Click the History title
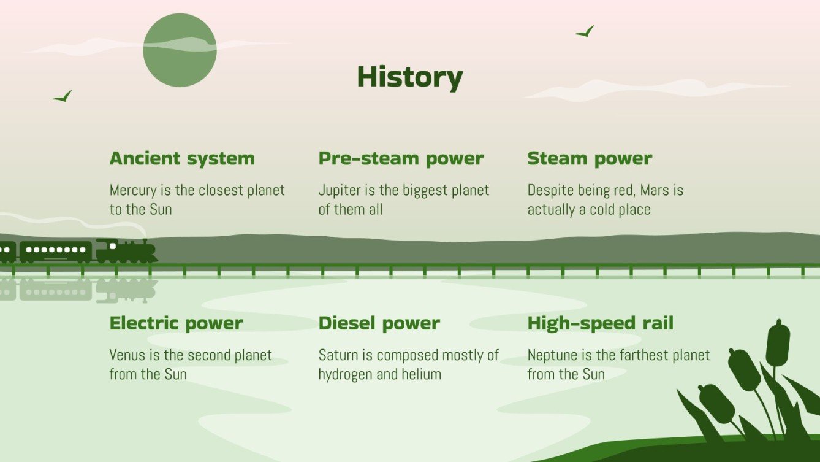pyautogui.click(x=409, y=77)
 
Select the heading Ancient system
pyautogui.click(x=182, y=158)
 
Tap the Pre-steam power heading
pyautogui.click(x=401, y=158)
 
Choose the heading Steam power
pyautogui.click(x=590, y=158)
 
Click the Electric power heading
pyautogui.click(x=176, y=323)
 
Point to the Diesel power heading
pyautogui.click(x=379, y=323)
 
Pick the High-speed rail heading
pyautogui.click(x=600, y=323)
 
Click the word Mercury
pyautogui.click(x=131, y=190)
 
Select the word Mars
pyautogui.click(x=655, y=190)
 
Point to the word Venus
pyautogui.click(x=127, y=355)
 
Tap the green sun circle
pyautogui.click(x=180, y=50)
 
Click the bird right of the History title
pyautogui.click(x=585, y=32)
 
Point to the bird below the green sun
pyautogui.click(x=63, y=96)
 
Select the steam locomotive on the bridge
pyautogui.click(x=126, y=251)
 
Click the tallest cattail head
pyautogui.click(x=778, y=342)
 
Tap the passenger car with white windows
pyautogui.click(x=56, y=251)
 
